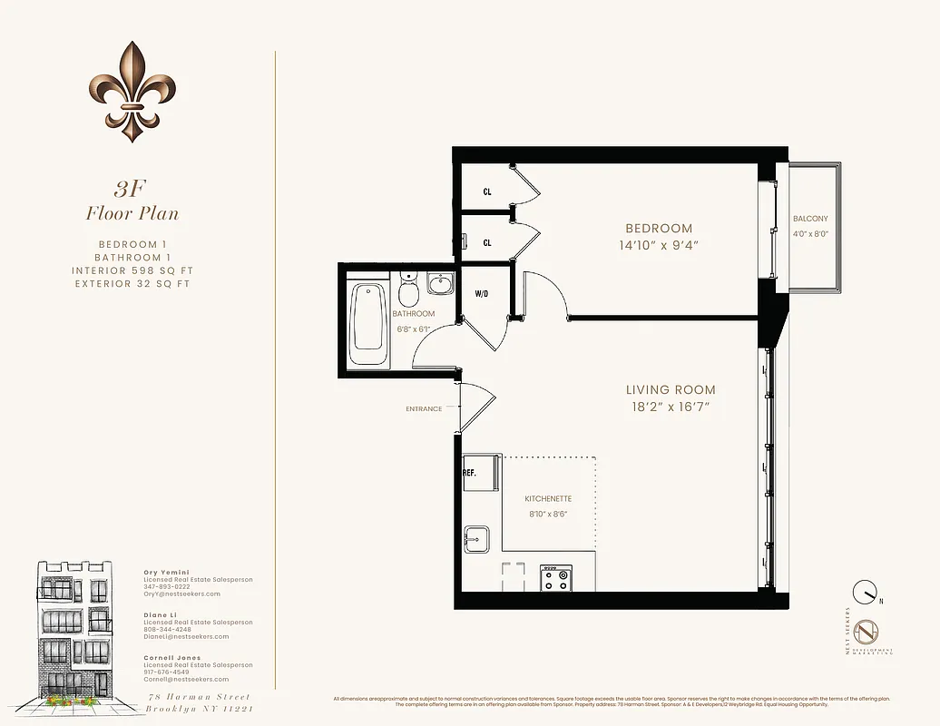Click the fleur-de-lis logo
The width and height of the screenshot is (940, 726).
[x=132, y=93]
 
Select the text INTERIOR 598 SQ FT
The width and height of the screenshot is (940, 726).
[x=132, y=270]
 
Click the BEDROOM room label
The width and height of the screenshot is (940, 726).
[x=658, y=229]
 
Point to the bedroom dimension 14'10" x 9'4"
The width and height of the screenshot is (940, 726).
[x=658, y=245]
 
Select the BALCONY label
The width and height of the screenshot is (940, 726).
[x=809, y=219]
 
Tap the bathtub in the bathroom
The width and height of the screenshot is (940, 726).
[x=367, y=317]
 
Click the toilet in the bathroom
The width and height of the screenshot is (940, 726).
[x=408, y=290]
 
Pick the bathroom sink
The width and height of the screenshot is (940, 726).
[x=442, y=286]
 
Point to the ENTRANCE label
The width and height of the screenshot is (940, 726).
[x=424, y=409]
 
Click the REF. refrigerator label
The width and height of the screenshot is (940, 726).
[x=470, y=473]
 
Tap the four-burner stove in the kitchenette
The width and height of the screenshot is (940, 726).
[x=555, y=578]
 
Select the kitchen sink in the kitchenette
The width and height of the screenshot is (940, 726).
[x=475, y=539]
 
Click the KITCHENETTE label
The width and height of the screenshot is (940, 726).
[x=548, y=499]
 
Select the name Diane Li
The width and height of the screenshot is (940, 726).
[x=159, y=614]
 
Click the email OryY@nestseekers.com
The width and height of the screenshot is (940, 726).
[x=181, y=594]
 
